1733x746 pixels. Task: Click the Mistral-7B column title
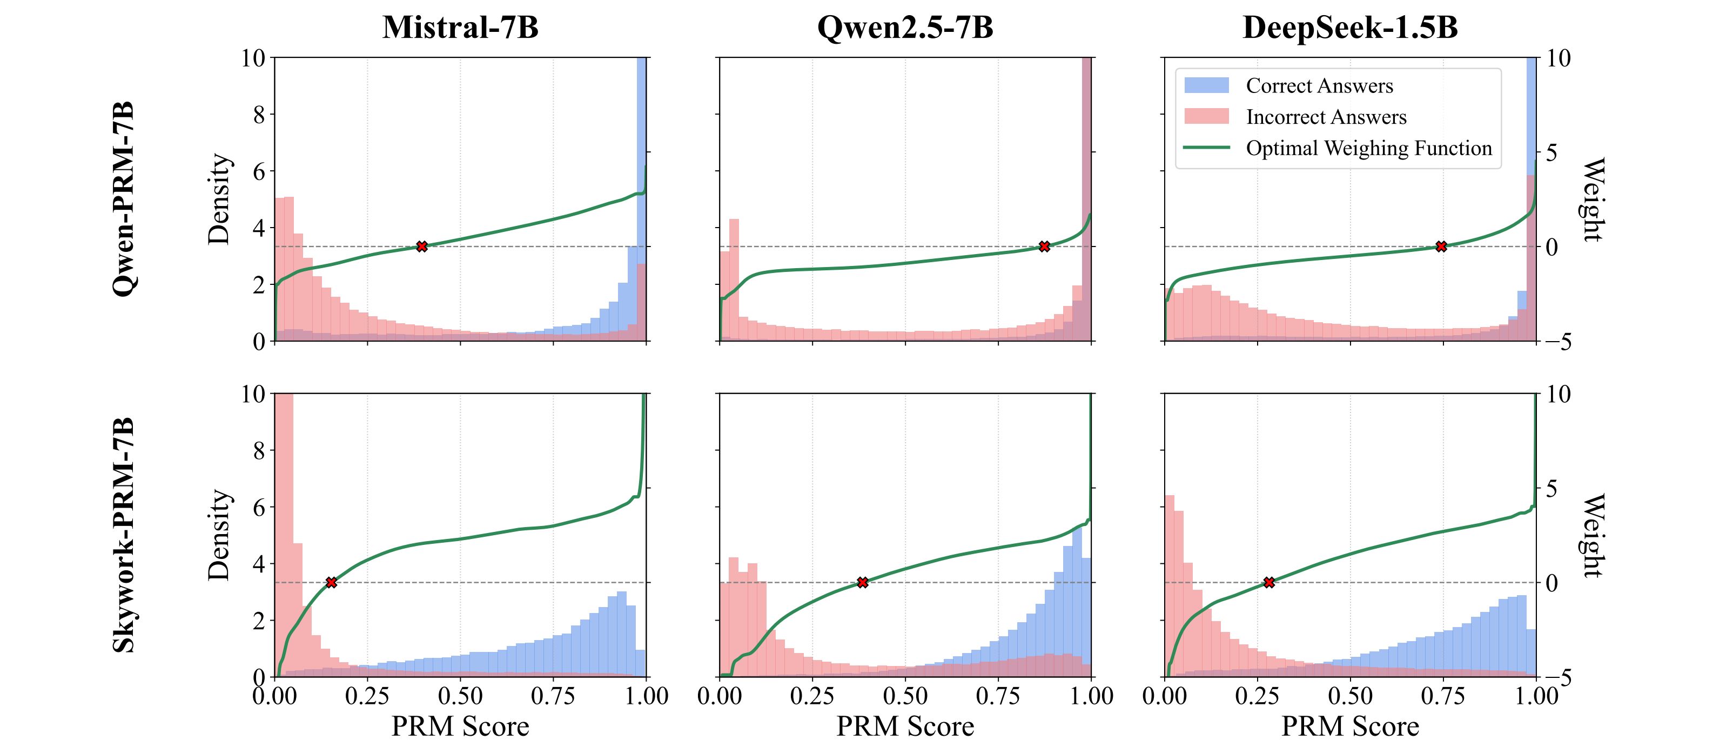coord(460,28)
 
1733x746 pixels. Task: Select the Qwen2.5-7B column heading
coord(905,28)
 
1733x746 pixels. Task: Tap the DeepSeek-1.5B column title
coord(1349,28)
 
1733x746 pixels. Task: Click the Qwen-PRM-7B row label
coord(124,199)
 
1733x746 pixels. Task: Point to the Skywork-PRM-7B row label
coord(124,535)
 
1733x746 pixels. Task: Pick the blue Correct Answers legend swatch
coord(1206,85)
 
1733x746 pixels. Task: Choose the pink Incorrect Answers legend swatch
coord(1206,116)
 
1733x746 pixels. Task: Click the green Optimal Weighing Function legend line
coord(1206,148)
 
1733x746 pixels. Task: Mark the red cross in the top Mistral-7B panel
coord(422,247)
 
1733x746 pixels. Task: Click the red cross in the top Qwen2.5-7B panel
coord(1044,247)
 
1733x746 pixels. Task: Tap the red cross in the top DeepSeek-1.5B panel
coord(1441,247)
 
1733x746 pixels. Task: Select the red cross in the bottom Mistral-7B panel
coord(331,582)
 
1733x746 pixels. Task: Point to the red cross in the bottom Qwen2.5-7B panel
coord(863,582)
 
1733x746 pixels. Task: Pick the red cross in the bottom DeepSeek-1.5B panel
coord(1269,582)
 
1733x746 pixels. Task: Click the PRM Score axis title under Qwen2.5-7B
coord(905,727)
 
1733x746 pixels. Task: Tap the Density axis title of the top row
coord(219,199)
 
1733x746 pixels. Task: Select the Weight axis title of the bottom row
coord(1591,535)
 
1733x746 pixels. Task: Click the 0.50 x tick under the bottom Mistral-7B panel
coord(460,696)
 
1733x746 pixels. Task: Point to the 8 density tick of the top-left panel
coord(259,115)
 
